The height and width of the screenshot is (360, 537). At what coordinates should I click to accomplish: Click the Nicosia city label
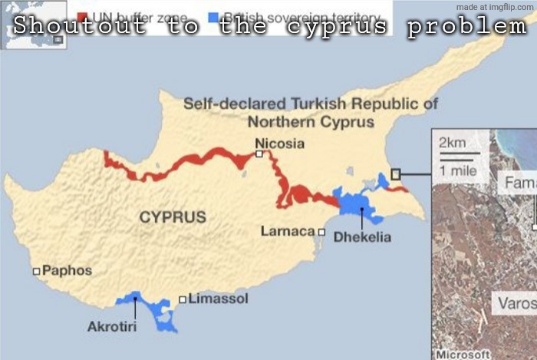279,144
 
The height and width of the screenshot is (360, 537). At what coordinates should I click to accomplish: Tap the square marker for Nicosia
259,154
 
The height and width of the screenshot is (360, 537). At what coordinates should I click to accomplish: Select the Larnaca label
288,231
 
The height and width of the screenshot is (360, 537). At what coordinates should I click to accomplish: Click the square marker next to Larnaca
321,232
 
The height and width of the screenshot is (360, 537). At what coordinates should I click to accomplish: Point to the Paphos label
67,270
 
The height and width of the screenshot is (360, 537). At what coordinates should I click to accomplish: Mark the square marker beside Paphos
36,271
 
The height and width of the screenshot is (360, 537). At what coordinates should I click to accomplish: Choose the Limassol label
218,299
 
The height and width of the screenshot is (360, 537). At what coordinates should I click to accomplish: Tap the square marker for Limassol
183,299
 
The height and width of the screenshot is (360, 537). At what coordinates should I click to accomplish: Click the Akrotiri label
112,327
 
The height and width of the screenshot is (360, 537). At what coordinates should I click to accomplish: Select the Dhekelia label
362,237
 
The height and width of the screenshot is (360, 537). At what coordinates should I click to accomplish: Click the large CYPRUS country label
173,217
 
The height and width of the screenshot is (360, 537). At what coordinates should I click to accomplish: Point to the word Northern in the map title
279,122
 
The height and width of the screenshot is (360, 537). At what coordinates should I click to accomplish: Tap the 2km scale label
453,143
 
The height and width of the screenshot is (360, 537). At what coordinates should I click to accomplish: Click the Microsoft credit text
463,354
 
